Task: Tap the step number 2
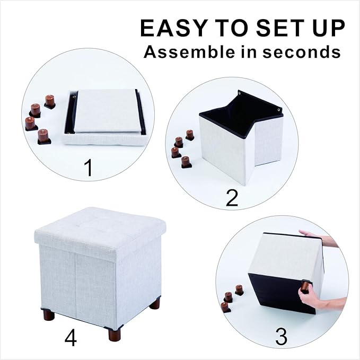232,197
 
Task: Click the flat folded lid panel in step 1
108,111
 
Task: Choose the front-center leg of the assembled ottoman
114,333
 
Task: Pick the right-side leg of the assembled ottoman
154,303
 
